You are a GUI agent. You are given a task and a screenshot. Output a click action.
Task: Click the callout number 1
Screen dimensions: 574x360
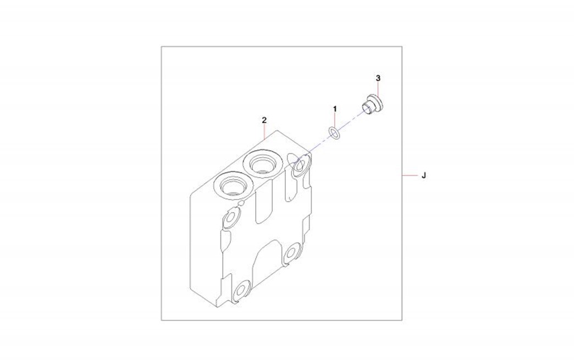tap(335, 109)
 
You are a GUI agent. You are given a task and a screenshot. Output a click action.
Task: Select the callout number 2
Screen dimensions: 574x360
tap(264, 120)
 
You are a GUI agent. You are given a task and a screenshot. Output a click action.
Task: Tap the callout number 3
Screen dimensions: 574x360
tap(378, 78)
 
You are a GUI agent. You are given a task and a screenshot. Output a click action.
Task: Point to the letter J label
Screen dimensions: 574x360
tap(423, 176)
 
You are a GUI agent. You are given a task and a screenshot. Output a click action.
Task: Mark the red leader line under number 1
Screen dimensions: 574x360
tap(335, 121)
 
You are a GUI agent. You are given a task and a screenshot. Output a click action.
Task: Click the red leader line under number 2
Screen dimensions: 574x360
tap(264, 131)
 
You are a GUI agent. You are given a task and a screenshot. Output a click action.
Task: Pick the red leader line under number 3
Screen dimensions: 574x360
tap(378, 89)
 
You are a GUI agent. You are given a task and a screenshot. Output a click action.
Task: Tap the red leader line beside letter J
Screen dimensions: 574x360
tap(410, 176)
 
